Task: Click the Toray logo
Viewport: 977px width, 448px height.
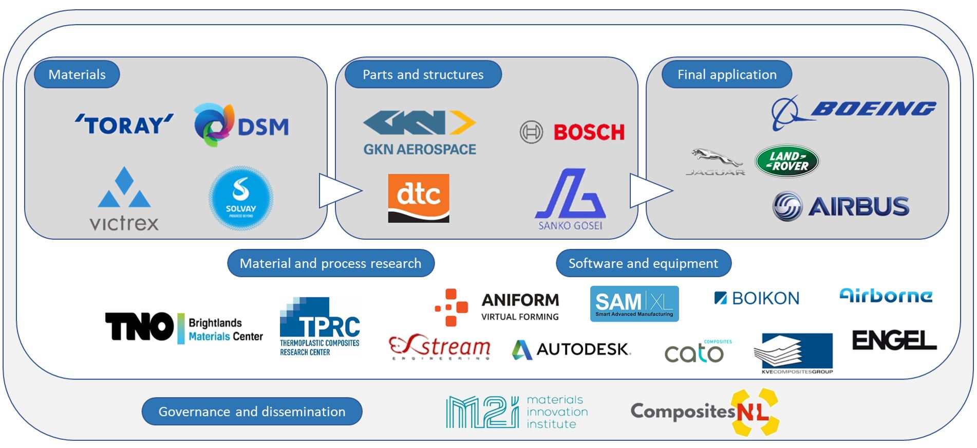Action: pos(124,125)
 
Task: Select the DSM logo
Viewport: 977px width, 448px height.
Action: pos(241,126)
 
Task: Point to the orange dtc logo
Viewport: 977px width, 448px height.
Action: pos(418,198)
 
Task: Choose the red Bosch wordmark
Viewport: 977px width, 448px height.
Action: pos(589,132)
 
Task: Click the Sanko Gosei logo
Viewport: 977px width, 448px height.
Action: pos(570,200)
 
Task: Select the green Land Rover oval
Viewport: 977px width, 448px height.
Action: pos(786,161)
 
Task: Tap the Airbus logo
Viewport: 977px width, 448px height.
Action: pos(841,206)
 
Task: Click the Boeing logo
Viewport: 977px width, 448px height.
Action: pos(853,111)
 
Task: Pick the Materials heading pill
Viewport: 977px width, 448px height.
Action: pos(77,75)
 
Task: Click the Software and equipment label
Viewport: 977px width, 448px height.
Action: pos(643,263)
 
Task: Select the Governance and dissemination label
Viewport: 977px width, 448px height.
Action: pos(252,411)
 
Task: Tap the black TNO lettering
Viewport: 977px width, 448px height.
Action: pos(139,327)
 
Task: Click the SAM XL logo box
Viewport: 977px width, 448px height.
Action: pos(634,304)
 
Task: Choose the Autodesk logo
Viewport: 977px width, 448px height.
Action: pos(571,350)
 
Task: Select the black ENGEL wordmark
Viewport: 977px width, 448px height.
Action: pos(894,341)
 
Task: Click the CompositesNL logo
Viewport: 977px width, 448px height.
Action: pos(704,412)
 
